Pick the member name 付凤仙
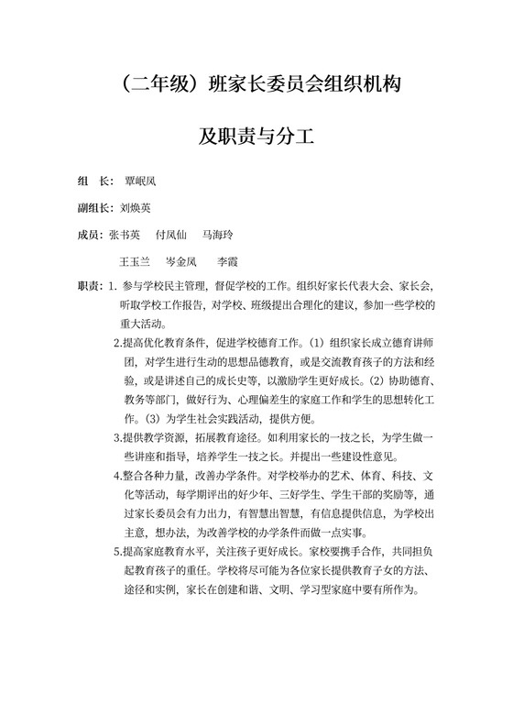click(x=172, y=235)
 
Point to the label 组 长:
click(x=95, y=181)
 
